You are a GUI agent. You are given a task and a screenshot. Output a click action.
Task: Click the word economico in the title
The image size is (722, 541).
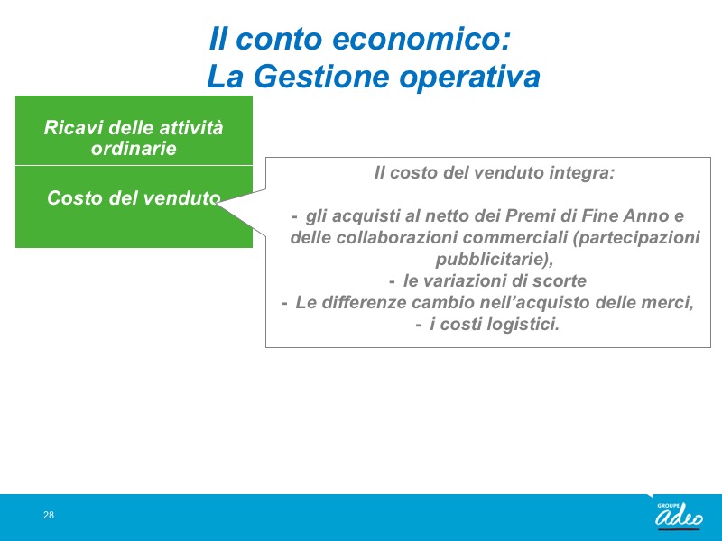[x=421, y=39]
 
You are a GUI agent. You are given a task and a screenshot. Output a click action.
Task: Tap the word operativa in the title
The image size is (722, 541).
[x=469, y=78]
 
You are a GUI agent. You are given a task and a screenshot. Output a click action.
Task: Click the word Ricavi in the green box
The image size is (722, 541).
[x=73, y=127]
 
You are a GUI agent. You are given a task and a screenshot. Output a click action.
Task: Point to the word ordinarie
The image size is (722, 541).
[x=134, y=148]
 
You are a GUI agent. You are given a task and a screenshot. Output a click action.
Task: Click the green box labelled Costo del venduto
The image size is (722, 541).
[x=134, y=206]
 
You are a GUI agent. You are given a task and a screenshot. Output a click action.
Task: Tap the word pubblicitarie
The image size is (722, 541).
[x=494, y=259]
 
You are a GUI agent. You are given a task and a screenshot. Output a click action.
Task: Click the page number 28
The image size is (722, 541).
[x=49, y=515]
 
